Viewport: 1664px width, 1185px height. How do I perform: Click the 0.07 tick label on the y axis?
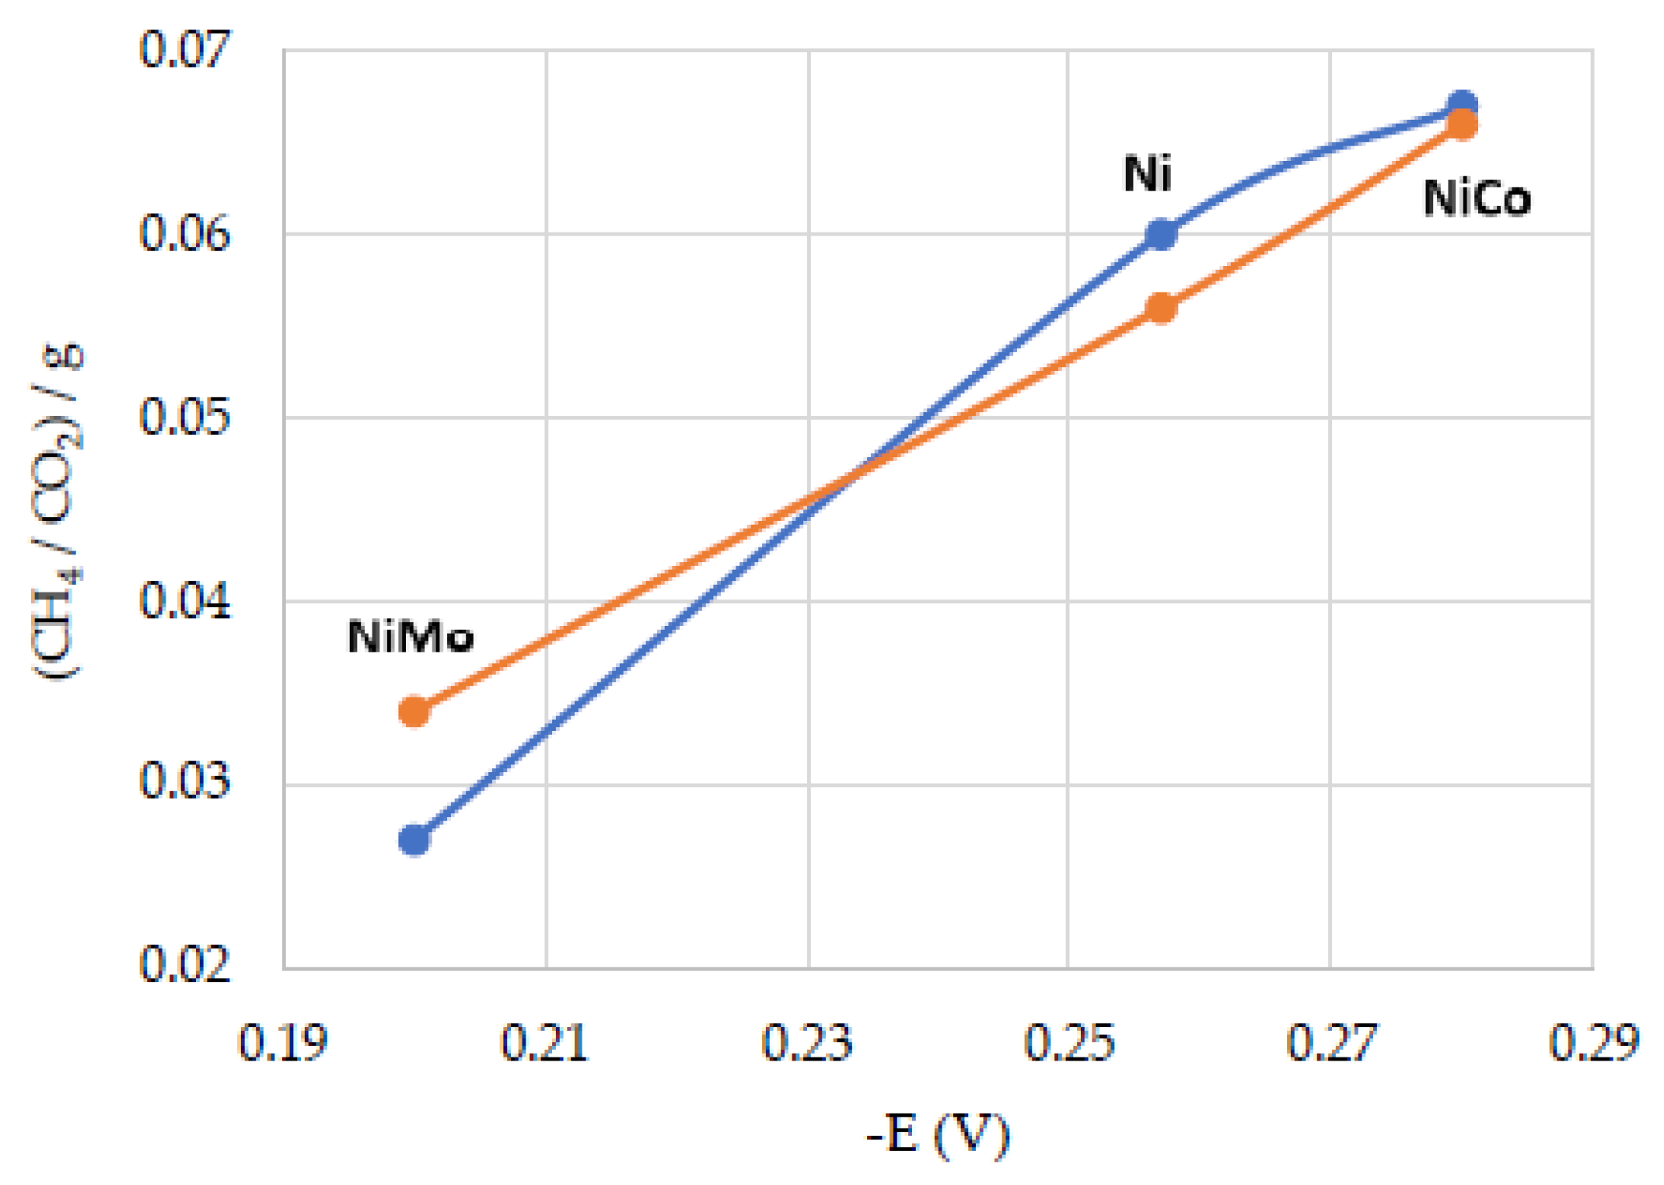pyautogui.click(x=184, y=49)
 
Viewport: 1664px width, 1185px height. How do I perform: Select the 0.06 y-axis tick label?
pyautogui.click(x=184, y=232)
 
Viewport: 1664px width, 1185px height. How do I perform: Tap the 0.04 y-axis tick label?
pyautogui.click(x=184, y=601)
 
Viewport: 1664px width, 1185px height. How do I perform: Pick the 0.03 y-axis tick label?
pyautogui.click(x=184, y=781)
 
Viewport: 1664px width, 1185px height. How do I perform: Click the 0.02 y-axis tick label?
pyautogui.click(x=184, y=965)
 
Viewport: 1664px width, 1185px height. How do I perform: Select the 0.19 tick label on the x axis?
pyautogui.click(x=282, y=1043)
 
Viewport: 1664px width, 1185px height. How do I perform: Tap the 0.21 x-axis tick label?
pyautogui.click(x=544, y=1043)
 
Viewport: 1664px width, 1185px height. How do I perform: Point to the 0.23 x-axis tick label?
pyautogui.click(x=807, y=1043)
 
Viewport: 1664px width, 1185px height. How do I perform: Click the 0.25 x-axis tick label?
pyautogui.click(x=1069, y=1043)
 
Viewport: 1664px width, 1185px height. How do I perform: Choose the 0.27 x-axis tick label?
pyautogui.click(x=1331, y=1043)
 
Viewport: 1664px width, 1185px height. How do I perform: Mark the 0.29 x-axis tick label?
pyautogui.click(x=1594, y=1043)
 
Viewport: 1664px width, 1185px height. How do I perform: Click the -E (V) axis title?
pyautogui.click(x=938, y=1136)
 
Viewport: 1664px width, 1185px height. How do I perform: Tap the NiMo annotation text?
pyautogui.click(x=410, y=638)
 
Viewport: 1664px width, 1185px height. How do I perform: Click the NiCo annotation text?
pyautogui.click(x=1477, y=199)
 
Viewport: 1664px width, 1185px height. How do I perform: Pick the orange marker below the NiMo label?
pyautogui.click(x=414, y=711)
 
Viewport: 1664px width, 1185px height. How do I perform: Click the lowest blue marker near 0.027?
pyautogui.click(x=414, y=840)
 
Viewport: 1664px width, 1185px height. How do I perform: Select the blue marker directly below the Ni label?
pyautogui.click(x=1160, y=233)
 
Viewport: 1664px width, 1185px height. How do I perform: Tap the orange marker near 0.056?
pyautogui.click(x=1160, y=308)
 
